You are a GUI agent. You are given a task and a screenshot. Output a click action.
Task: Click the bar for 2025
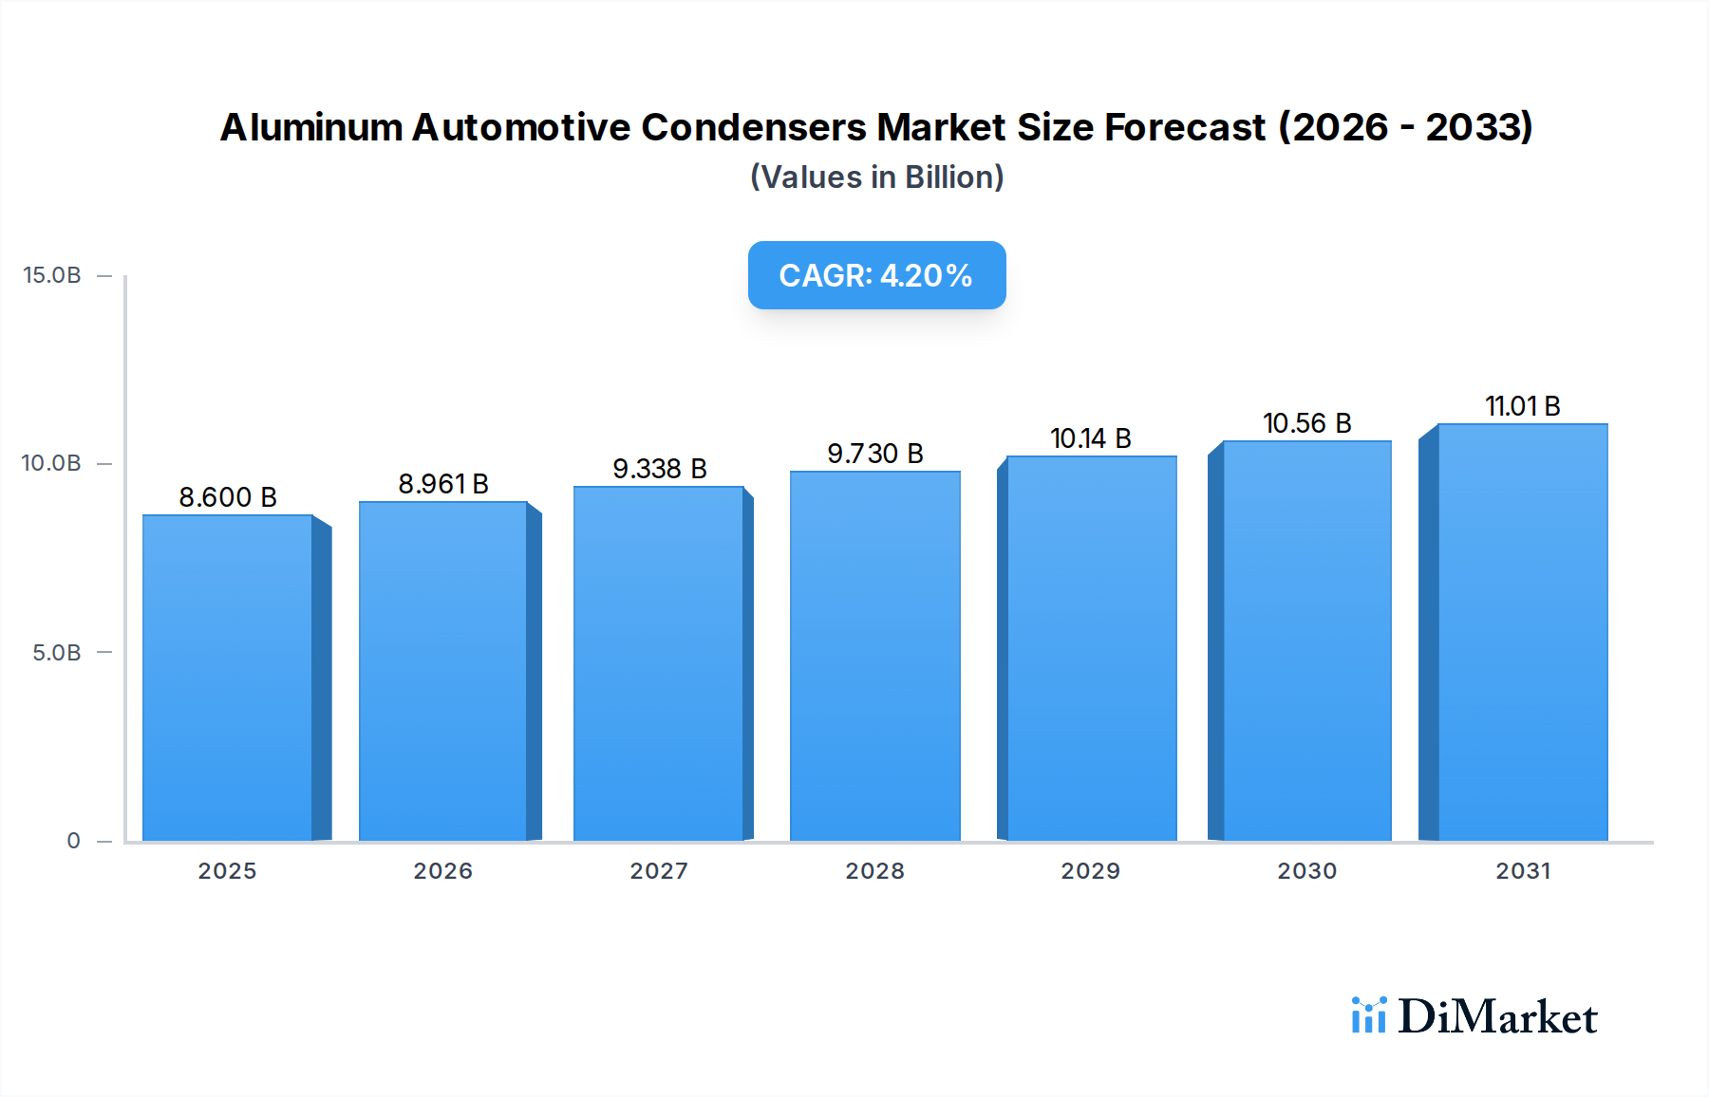pyautogui.click(x=228, y=678)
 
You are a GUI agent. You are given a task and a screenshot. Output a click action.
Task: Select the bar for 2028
pyautogui.click(x=874, y=656)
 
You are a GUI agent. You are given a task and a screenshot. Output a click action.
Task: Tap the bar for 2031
pyautogui.click(x=1522, y=632)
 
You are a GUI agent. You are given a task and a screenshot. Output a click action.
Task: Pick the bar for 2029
pyautogui.click(x=1091, y=648)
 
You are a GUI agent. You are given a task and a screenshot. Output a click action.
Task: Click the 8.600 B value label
pyautogui.click(x=228, y=497)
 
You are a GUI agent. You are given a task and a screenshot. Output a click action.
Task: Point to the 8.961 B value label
pyautogui.click(x=443, y=484)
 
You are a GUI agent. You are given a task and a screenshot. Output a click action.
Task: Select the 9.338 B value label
pyautogui.click(x=660, y=469)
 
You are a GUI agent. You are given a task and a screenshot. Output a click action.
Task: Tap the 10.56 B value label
pyautogui.click(x=1307, y=423)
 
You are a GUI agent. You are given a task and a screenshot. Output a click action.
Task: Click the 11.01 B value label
pyautogui.click(x=1523, y=406)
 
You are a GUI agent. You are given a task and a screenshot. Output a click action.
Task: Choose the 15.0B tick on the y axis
pyautogui.click(x=52, y=275)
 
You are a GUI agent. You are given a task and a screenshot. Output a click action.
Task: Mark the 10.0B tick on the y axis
pyautogui.click(x=52, y=463)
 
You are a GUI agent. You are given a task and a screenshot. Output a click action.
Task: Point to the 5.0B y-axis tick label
pyautogui.click(x=57, y=653)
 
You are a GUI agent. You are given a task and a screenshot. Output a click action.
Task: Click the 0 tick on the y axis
pyautogui.click(x=73, y=841)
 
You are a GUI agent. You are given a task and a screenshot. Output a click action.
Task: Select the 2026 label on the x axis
pyautogui.click(x=443, y=871)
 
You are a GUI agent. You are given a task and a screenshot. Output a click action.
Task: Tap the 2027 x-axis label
pyautogui.click(x=659, y=871)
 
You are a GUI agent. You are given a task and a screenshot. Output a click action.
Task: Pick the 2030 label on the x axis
pyautogui.click(x=1307, y=871)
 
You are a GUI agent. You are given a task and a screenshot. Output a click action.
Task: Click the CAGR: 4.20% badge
pyautogui.click(x=876, y=275)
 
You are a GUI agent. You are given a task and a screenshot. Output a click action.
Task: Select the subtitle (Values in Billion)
pyautogui.click(x=876, y=177)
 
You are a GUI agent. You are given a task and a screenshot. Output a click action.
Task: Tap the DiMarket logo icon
pyautogui.click(x=1368, y=1015)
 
